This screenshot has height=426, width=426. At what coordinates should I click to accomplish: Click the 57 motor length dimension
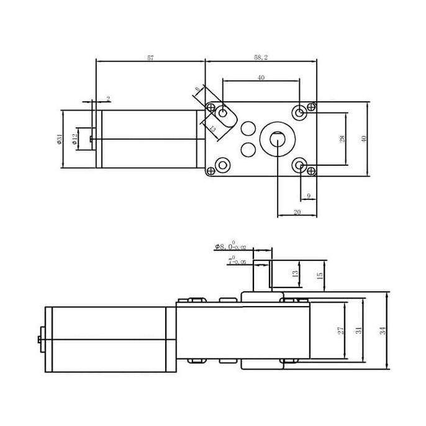coord(150,57)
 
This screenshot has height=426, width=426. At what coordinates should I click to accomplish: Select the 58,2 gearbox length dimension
coord(261,57)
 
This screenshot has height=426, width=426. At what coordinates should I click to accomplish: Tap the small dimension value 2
coord(108,99)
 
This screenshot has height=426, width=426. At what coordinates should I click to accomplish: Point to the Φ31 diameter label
coord(60,139)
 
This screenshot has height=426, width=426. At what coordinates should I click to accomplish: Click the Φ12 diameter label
coord(75,139)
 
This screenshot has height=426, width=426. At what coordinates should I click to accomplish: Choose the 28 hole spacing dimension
coord(342,139)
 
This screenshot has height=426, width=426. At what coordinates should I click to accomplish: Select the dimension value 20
coord(297,212)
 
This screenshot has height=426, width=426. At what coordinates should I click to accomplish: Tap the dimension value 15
coord(320,274)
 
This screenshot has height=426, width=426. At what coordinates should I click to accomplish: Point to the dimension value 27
coord(340,331)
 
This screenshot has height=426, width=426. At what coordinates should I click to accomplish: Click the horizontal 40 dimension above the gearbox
coord(261,78)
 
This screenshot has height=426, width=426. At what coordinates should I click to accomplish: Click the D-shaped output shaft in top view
coord(277,139)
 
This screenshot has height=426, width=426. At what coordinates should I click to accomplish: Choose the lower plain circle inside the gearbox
coord(248,150)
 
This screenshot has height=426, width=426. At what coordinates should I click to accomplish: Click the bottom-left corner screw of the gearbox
coord(220,166)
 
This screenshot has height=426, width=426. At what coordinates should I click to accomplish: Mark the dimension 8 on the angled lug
coord(197,90)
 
